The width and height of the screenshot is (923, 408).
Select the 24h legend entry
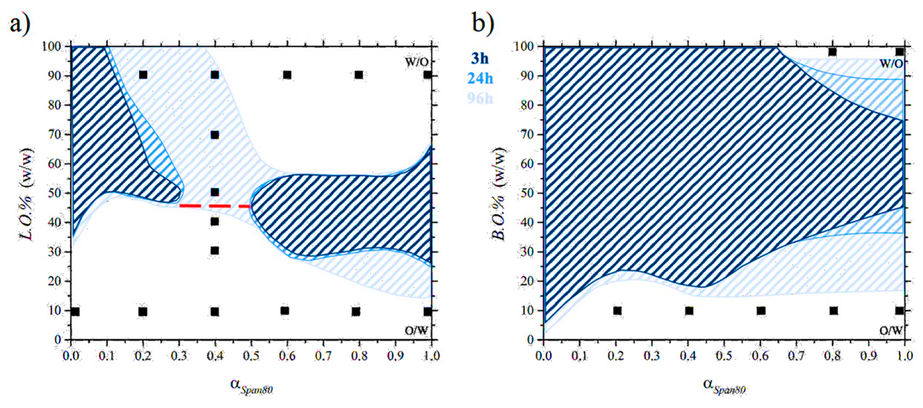[x=480, y=78]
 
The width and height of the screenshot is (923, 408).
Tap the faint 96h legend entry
[x=480, y=98]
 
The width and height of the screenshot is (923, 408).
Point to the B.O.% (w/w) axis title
[x=500, y=194]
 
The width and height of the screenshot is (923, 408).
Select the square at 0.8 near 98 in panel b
[x=832, y=52]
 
